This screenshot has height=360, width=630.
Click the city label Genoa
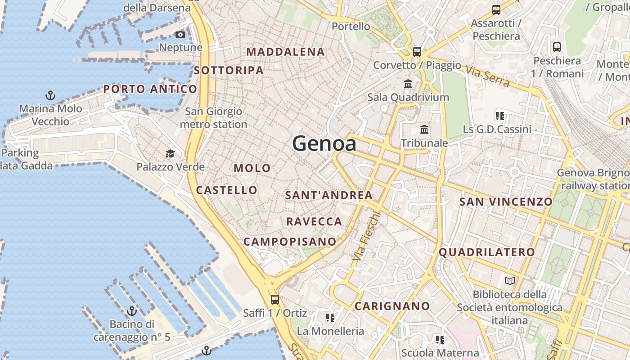point(324,144)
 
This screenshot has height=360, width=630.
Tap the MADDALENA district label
point(285,52)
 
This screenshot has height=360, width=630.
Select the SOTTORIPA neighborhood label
point(229,70)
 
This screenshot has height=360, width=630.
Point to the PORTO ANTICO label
point(150,89)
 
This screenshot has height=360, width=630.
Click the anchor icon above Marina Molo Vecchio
point(50,95)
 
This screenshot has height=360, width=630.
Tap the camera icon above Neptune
point(180,35)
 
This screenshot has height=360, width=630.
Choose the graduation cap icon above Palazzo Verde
point(170,154)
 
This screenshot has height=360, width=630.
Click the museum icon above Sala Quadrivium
point(408,84)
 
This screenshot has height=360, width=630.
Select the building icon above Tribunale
point(424,130)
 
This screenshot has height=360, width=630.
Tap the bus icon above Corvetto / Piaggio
point(417,51)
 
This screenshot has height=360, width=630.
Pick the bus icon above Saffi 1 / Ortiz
point(274,299)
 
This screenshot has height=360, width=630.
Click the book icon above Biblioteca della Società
point(509,281)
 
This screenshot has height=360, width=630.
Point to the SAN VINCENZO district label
point(506,202)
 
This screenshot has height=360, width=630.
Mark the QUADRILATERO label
point(487,252)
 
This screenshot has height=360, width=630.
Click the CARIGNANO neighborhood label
point(392,306)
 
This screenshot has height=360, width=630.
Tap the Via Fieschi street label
point(366,236)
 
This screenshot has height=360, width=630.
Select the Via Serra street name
point(488,76)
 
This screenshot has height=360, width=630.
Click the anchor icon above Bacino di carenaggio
point(131,310)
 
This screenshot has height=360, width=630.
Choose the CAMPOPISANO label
point(290,242)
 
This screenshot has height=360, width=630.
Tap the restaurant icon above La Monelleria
point(330,318)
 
